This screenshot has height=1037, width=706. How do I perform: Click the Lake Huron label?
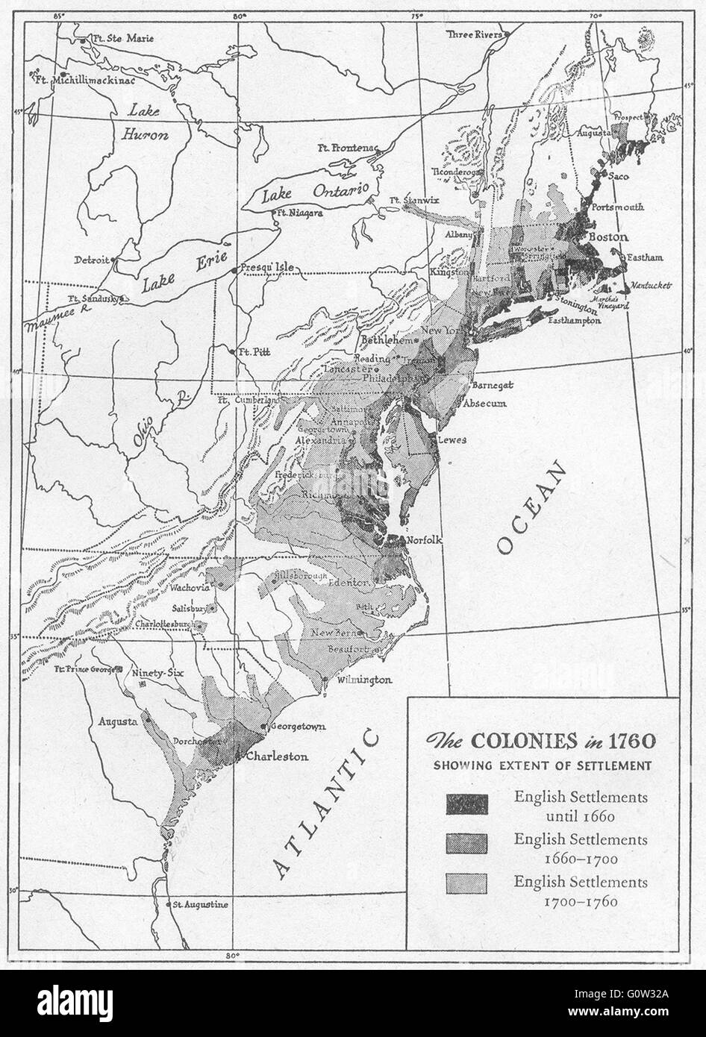146,123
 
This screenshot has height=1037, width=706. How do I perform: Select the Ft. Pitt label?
254,352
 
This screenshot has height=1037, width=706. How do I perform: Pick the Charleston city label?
277,756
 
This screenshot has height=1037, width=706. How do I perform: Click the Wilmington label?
363,680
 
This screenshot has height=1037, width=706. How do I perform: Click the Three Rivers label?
473,34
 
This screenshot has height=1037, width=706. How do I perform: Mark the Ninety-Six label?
157,671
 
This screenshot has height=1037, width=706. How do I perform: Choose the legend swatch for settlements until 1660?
466,804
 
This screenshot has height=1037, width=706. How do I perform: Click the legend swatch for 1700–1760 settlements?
466,883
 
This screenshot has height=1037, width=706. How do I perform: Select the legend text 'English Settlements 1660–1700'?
580,848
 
